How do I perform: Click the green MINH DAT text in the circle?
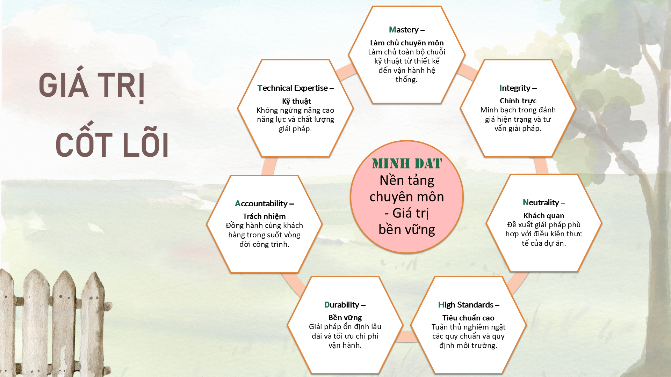coord(407,163)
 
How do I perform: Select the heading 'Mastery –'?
coord(407,30)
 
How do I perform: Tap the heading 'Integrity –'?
coord(518,88)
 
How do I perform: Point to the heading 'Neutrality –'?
coord(544,202)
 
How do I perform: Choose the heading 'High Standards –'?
coord(469,305)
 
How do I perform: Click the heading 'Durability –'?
coord(345,305)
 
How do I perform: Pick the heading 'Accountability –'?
coord(264,204)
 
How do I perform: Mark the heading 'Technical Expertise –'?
coord(296,88)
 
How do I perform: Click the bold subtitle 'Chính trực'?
coord(518,101)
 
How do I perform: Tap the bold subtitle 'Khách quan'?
coord(544,216)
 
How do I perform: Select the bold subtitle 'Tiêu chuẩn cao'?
coord(468,318)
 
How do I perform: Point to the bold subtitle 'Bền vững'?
coord(345,318)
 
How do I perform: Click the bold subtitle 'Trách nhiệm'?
coord(264,216)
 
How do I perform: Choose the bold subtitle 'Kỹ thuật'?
coord(296,101)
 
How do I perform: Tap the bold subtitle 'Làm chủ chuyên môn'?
coord(407,43)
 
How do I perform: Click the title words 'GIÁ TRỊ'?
coord(92,85)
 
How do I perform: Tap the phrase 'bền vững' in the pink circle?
coord(407,229)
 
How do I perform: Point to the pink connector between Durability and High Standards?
coord(406,337)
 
